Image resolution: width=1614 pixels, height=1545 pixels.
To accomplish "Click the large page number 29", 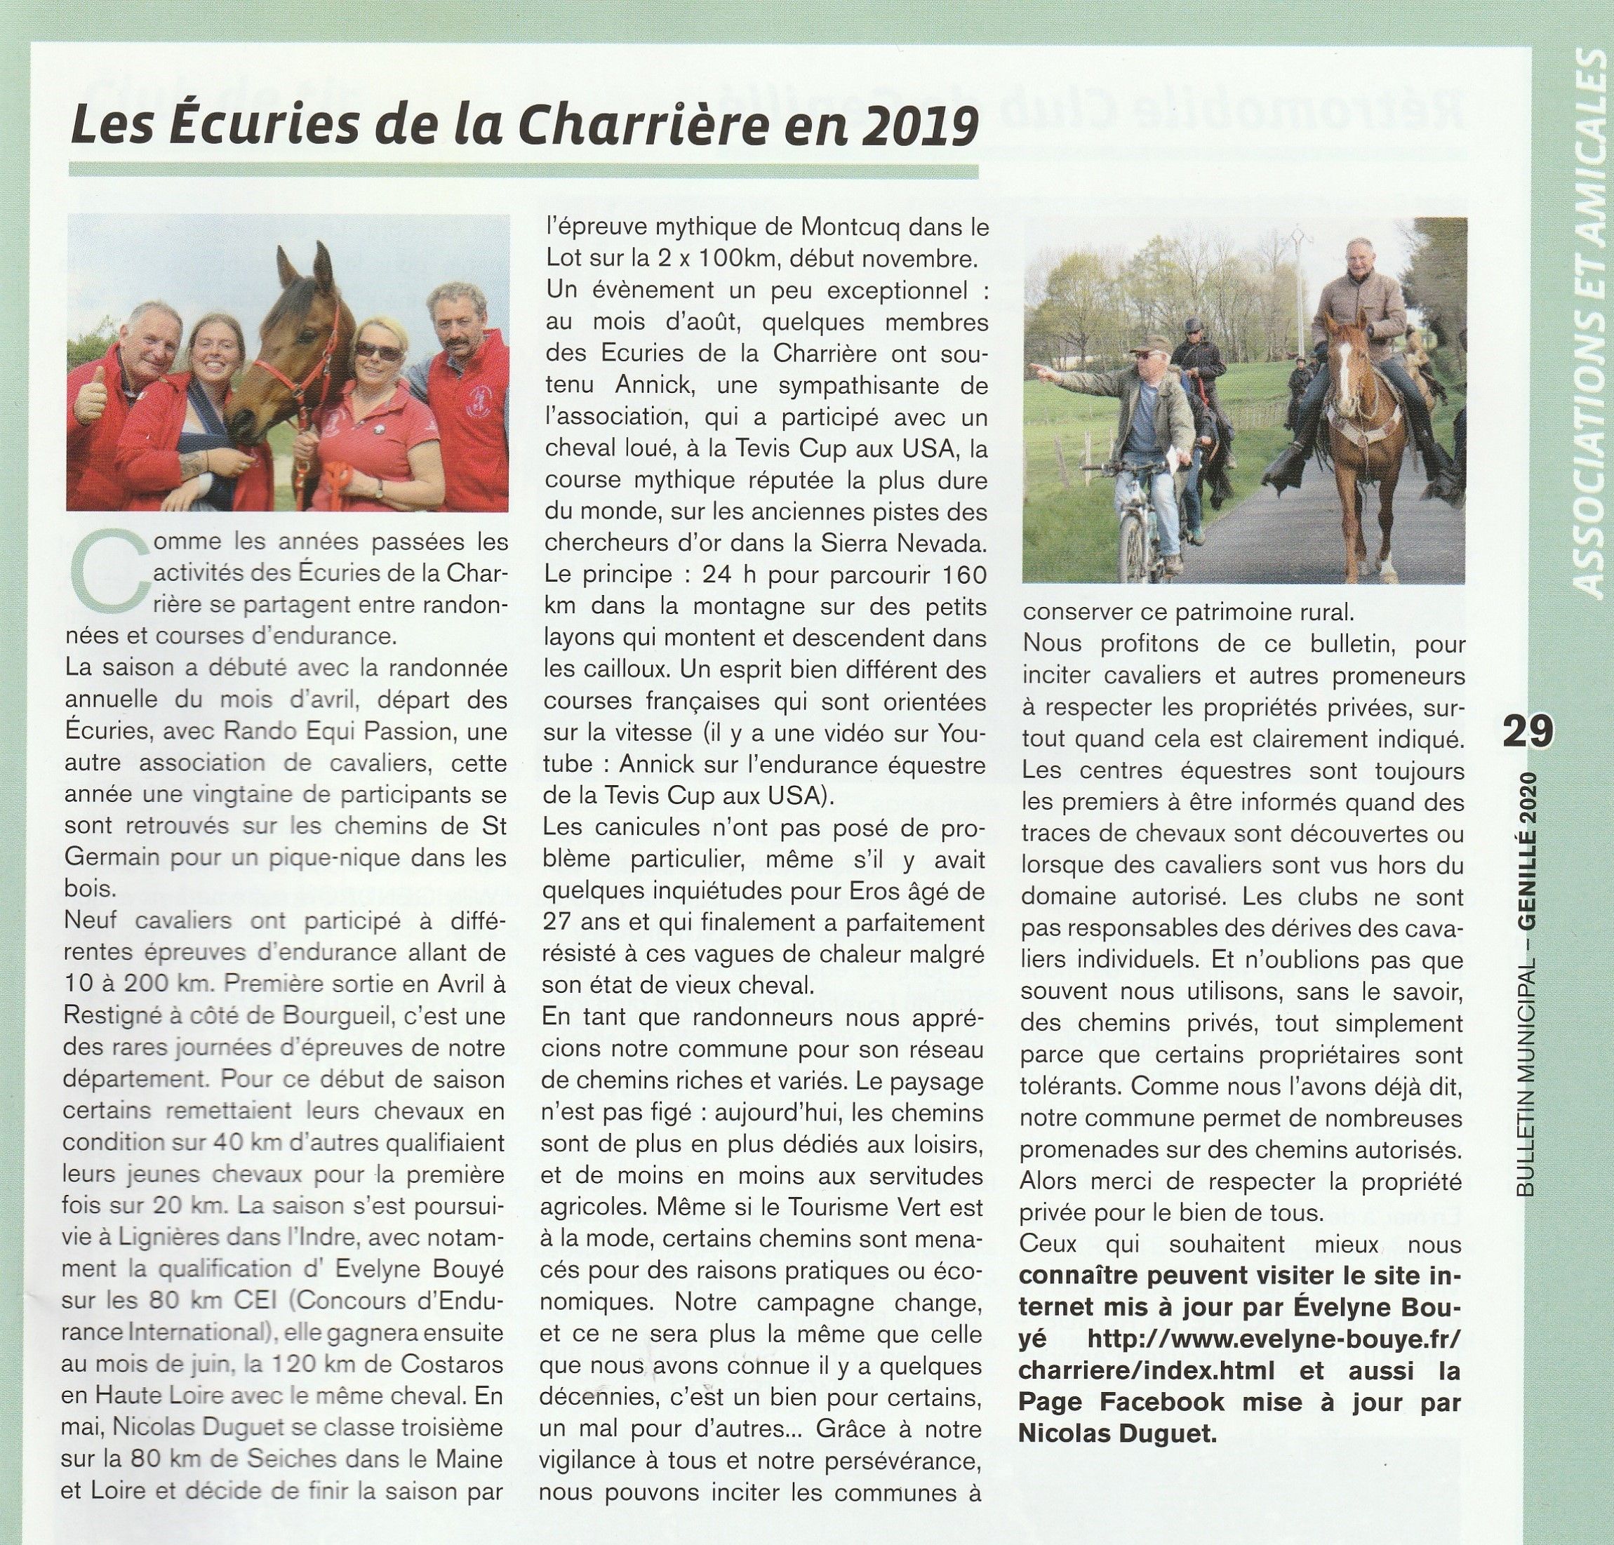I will click(x=1528, y=731).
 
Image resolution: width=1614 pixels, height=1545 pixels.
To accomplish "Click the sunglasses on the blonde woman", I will click(x=376, y=352).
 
